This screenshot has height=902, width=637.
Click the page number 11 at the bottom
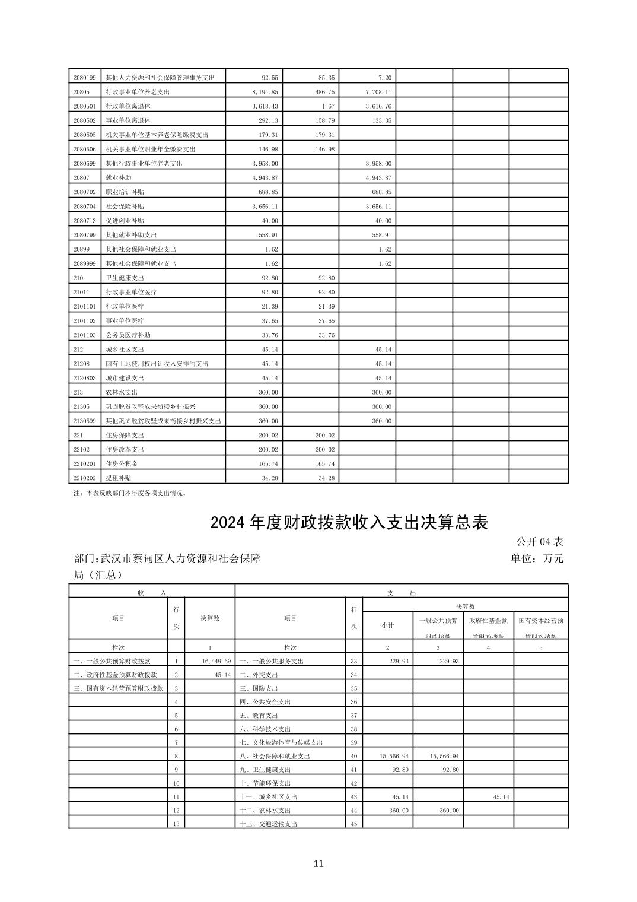pyautogui.click(x=318, y=863)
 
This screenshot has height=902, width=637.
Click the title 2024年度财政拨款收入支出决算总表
pyautogui.click(x=349, y=523)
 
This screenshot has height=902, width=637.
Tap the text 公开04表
pyautogui.click(x=539, y=541)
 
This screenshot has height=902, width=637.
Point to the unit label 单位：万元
pyautogui.click(x=537, y=558)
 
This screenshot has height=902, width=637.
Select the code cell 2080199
pyautogui.click(x=84, y=78)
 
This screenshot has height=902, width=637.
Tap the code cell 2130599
pyautogui.click(x=84, y=421)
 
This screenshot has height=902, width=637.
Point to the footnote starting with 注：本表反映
pyautogui.click(x=130, y=493)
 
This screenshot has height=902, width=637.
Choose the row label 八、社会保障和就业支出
pyautogui.click(x=275, y=757)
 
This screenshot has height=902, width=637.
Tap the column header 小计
pyautogui.click(x=387, y=625)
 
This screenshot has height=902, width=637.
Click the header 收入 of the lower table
pyautogui.click(x=152, y=592)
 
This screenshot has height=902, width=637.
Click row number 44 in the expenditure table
pyautogui.click(x=354, y=811)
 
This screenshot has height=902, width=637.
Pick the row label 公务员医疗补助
pyautogui.click(x=128, y=335)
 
